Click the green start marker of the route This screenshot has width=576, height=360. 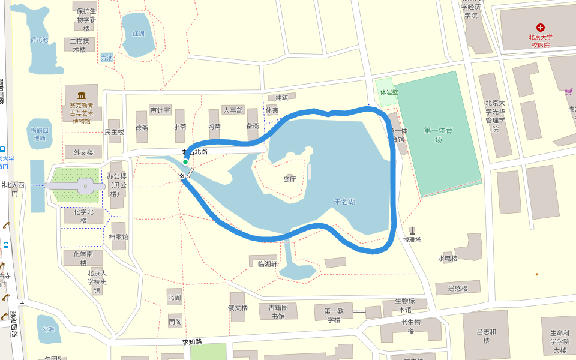[x=185, y=162]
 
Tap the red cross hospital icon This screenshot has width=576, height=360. [x=541, y=28]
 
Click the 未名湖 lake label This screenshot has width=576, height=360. [x=344, y=202]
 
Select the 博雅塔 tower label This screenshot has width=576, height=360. [x=412, y=240]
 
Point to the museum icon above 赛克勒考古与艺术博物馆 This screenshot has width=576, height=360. [x=82, y=95]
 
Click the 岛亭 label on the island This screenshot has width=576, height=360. [x=290, y=179]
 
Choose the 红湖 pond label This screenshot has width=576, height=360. [x=139, y=34]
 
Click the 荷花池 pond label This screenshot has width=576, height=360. [x=39, y=40]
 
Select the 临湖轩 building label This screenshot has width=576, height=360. [x=268, y=263]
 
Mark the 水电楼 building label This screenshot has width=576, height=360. [x=448, y=258]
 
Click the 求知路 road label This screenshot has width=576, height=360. [x=192, y=342]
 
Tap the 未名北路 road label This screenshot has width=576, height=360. [x=194, y=152]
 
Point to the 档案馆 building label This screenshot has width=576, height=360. [x=118, y=237]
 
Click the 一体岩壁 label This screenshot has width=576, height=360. [x=386, y=92]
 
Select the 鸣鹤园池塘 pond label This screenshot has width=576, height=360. [x=39, y=134]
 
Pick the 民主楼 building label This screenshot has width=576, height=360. [x=114, y=131]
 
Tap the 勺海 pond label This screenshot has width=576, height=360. [x=48, y=329]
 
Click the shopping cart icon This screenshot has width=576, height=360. [x=568, y=91]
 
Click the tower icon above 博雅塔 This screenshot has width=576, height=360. [x=412, y=230]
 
